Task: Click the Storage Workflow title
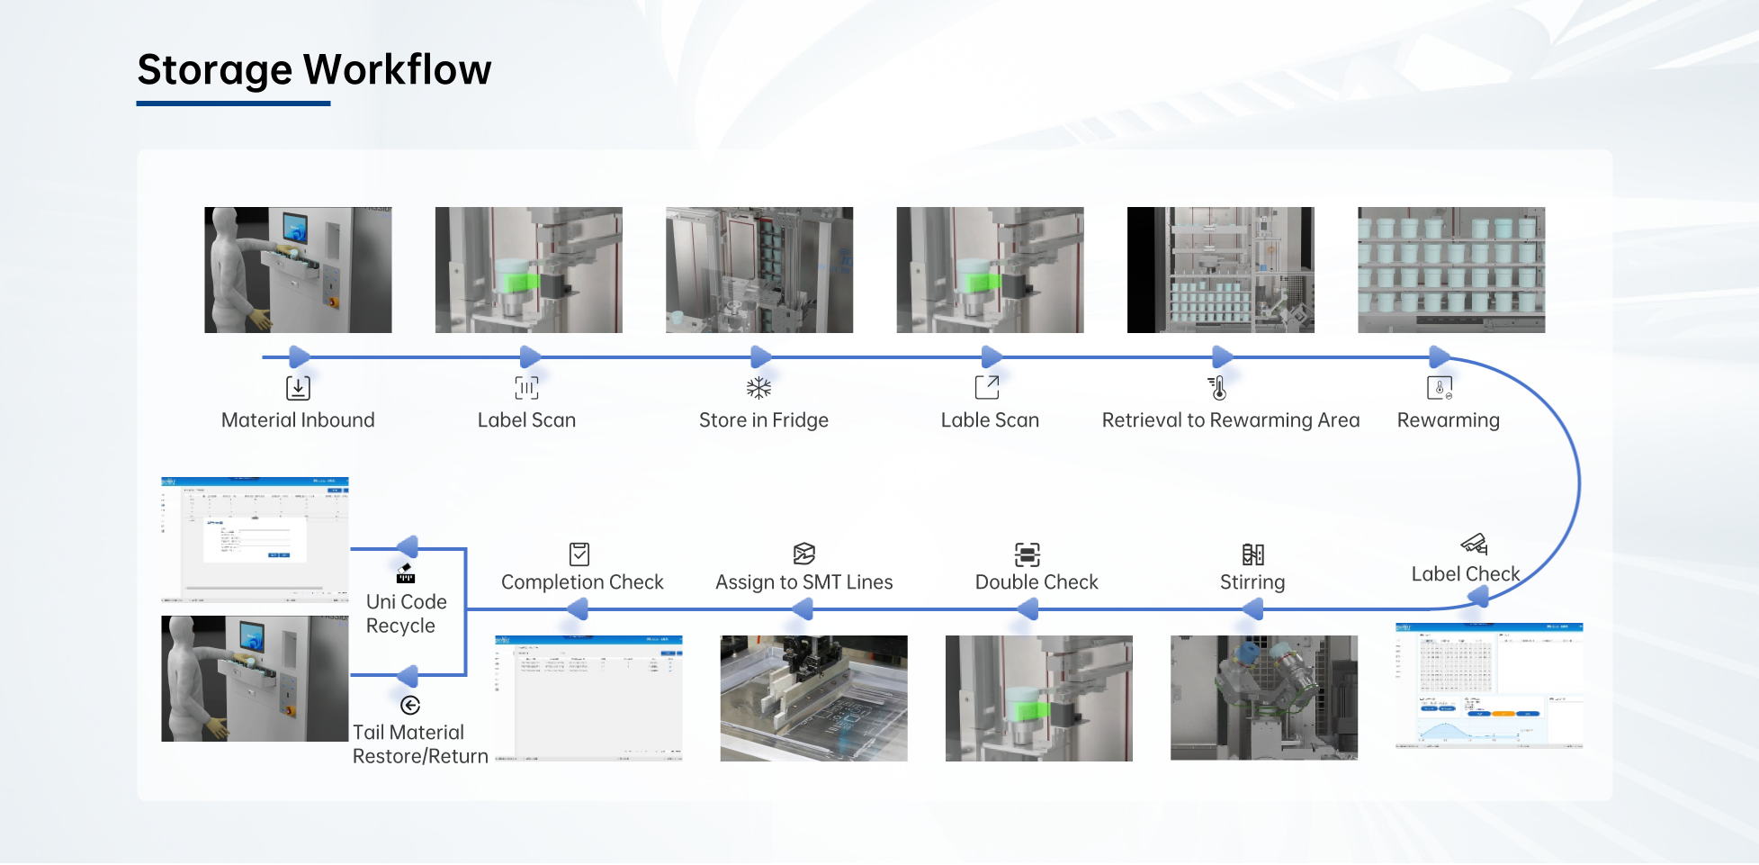coord(314,69)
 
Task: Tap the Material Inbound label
coord(298,420)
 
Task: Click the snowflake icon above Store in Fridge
coord(759,388)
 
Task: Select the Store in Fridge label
coord(764,420)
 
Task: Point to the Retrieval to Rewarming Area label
coord(1230,420)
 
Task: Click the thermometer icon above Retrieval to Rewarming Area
coord(1217,388)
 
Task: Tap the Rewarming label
coord(1448,420)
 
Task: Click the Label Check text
coord(1465,574)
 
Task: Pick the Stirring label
coord(1252,582)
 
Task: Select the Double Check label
coord(1037,582)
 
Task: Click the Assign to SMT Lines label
coord(803,582)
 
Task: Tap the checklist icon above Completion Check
coord(579,554)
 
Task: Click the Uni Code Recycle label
coord(406,614)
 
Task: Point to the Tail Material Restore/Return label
coord(419,744)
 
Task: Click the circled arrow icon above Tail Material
coord(410,705)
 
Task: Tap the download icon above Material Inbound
coord(298,388)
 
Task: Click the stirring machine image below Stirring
coord(1263,698)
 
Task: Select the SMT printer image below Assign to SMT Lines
coord(813,698)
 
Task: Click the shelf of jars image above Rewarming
coord(1450,270)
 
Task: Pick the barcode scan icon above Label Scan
coord(526,388)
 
